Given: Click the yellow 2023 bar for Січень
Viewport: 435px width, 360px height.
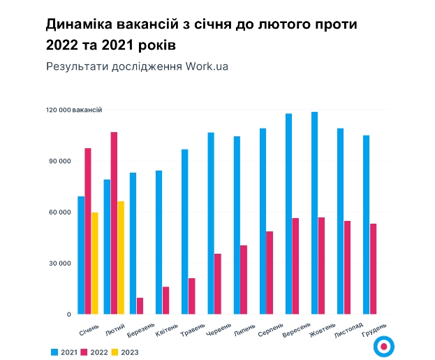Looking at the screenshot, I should pos(95,264).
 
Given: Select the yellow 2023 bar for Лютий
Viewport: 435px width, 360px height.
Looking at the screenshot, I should pos(121,258).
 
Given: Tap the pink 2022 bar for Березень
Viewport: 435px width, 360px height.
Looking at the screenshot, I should pos(140,306).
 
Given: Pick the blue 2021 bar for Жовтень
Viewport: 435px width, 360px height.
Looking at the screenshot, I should pos(314,213).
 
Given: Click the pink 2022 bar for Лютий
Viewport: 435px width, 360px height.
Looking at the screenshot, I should pos(114,223).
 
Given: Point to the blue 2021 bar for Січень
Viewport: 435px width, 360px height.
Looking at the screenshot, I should pos(81,255).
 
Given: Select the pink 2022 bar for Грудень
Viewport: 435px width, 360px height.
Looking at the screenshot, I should pos(374,269).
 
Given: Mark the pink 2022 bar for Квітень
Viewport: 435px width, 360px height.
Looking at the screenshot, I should pos(166,301).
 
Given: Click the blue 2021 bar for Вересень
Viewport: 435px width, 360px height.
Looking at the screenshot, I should pos(288,214).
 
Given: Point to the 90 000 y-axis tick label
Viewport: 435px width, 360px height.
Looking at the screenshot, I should pos(59,161).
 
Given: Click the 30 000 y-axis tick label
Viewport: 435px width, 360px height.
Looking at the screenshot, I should pos(59,264).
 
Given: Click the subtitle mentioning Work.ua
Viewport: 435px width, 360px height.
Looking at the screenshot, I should pos(137,66).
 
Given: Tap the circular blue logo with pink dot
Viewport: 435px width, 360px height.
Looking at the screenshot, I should pos(384,346).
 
